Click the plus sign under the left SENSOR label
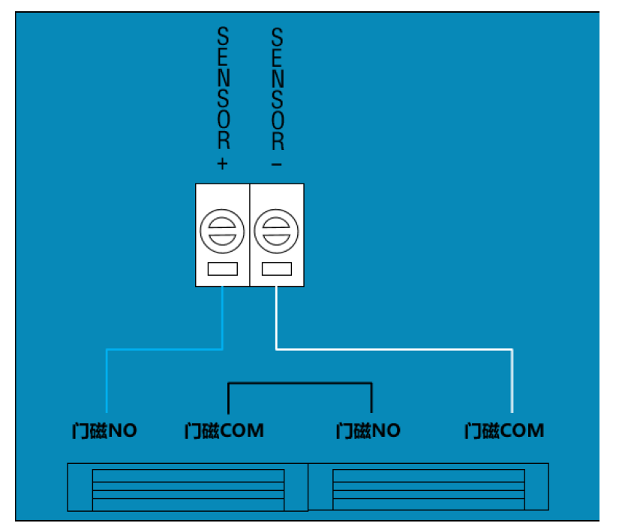tap(222, 163)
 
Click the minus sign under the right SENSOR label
tap(277, 164)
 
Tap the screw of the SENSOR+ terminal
tap(222, 231)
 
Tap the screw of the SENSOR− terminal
tap(276, 231)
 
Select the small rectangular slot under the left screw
tap(223, 269)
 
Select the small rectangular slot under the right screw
tap(277, 269)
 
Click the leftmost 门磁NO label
tap(104, 430)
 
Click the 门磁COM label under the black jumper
tap(224, 430)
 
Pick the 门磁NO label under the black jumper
tap(368, 430)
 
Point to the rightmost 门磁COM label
tap(504, 430)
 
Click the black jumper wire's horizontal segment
tap(300, 383)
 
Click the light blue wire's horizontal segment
tap(164, 349)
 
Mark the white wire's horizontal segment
tap(395, 349)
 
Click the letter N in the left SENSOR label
tap(224, 78)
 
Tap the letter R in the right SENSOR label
tap(278, 141)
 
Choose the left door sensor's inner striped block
tap(188, 490)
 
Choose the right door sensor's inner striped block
tap(428, 489)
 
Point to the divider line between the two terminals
tap(250, 235)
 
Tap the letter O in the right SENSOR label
tap(278, 120)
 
